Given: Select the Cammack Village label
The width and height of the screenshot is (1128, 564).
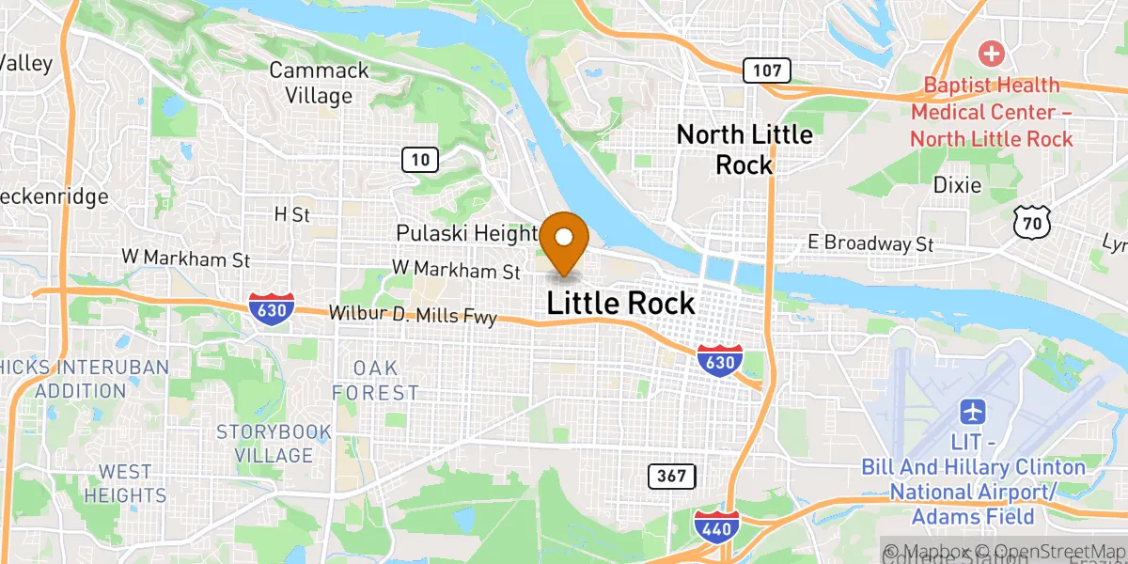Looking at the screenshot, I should click(x=310, y=83).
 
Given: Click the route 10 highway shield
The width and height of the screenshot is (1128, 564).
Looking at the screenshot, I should click(x=420, y=160).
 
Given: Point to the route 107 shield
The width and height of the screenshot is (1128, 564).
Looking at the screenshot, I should click(x=766, y=70).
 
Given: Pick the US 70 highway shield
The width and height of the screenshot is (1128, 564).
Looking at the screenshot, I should click(x=1031, y=222).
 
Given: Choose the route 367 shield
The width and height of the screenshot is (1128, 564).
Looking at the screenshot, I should click(x=672, y=476).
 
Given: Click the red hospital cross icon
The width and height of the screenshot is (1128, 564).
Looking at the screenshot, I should click(x=991, y=53).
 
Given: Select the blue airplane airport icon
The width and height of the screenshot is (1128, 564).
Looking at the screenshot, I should click(x=973, y=412).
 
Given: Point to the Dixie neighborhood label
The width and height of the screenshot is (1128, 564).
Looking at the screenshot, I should click(x=957, y=185).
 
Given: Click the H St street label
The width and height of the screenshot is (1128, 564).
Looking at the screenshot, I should click(x=291, y=214).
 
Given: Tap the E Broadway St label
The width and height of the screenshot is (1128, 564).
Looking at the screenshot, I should click(x=870, y=243).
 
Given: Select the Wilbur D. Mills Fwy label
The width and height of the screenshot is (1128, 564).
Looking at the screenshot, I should click(x=413, y=316).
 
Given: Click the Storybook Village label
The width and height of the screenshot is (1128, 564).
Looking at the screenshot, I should click(x=274, y=444).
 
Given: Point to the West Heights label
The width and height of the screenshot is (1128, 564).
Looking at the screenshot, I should click(x=125, y=482).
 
